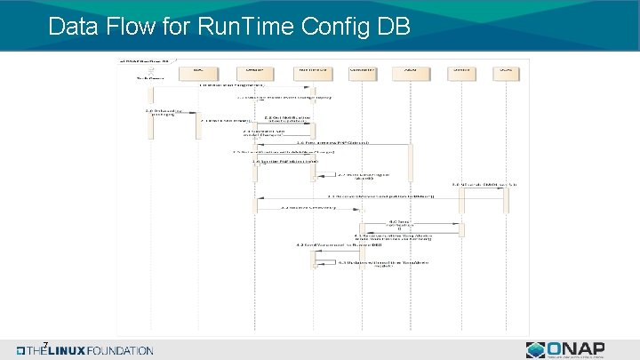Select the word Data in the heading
(x=78, y=27)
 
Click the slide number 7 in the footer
(x=44, y=345)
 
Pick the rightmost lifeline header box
(x=504, y=69)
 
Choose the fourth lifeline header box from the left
(x=360, y=69)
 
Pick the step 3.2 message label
(x=308, y=207)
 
